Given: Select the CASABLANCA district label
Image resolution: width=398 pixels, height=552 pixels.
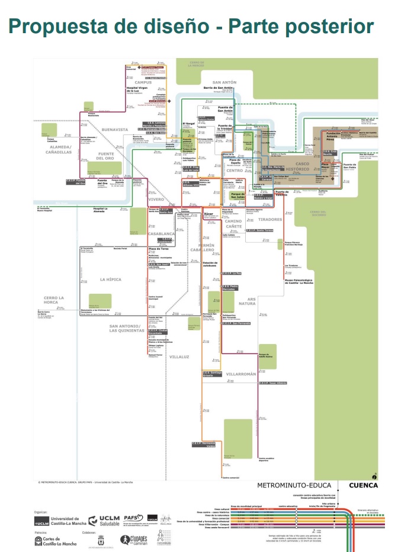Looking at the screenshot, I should (161, 234).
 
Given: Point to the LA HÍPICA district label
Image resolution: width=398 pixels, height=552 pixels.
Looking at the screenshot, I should (110, 278).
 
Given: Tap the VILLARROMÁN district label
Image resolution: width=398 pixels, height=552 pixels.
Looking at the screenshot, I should (242, 374).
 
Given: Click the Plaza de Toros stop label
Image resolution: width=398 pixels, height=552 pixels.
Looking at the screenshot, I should (159, 249).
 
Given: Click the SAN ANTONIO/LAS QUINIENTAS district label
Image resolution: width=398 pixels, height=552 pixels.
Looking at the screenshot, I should (130, 328).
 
